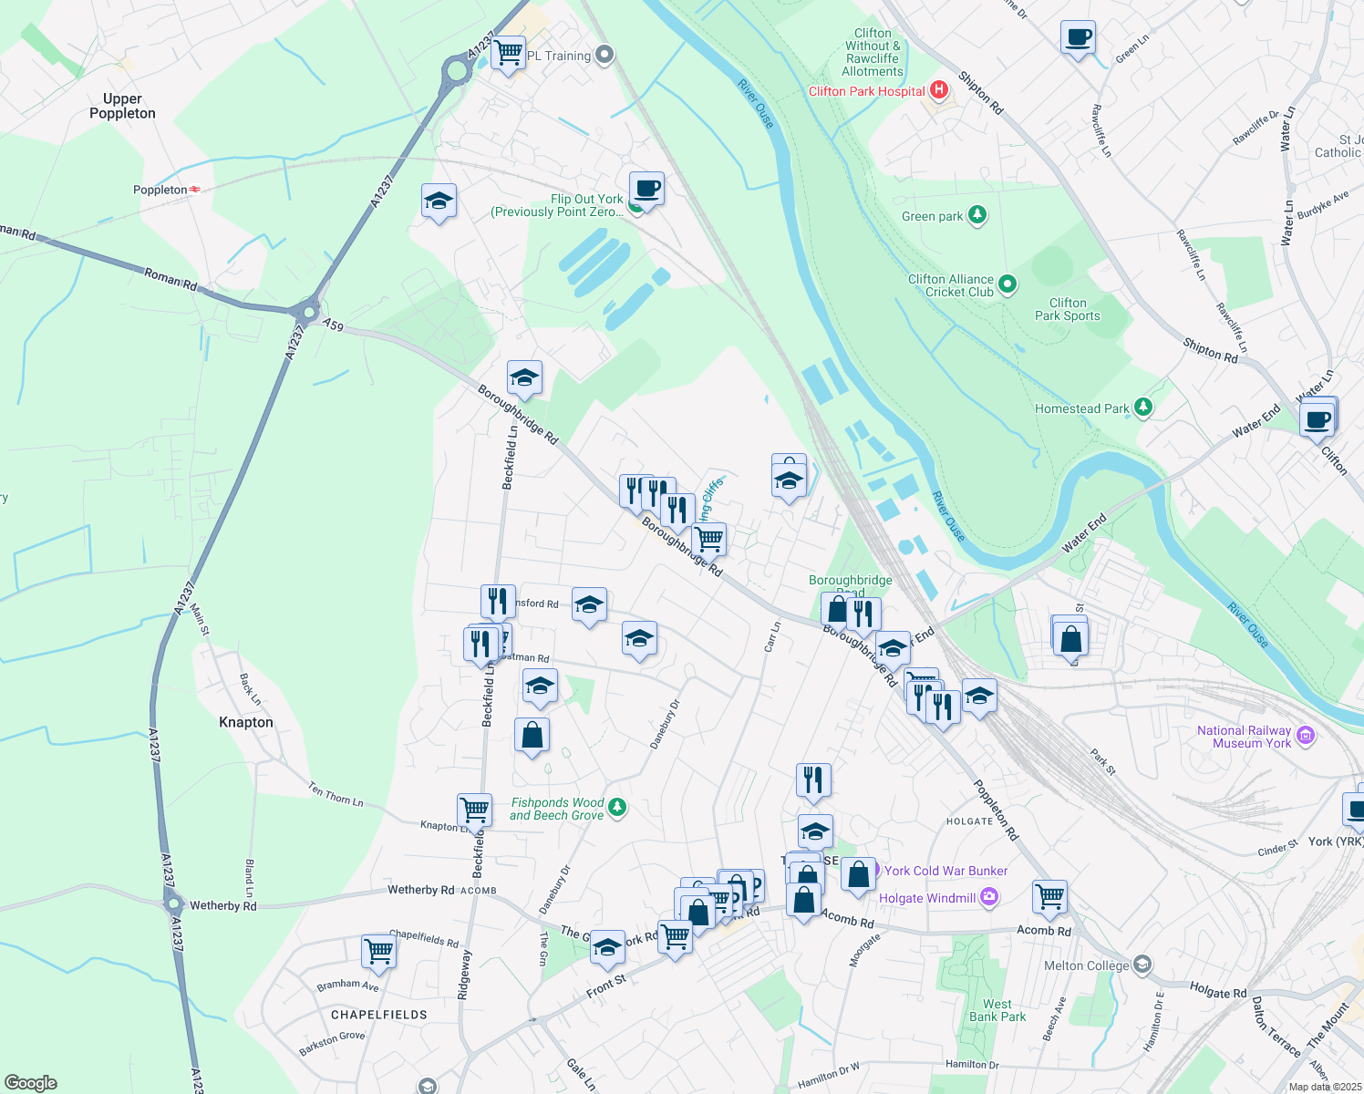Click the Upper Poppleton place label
click(122, 106)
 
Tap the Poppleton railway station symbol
click(195, 190)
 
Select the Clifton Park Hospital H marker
click(939, 90)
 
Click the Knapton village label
click(245, 722)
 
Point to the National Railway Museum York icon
click(1306, 736)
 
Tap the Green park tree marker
click(977, 215)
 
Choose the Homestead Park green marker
click(1143, 408)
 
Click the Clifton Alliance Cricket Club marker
click(1007, 284)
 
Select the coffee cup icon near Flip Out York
click(646, 189)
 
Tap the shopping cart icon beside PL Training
click(508, 51)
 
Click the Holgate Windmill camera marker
click(990, 897)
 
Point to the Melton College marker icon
click(1142, 965)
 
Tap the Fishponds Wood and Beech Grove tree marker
click(617, 807)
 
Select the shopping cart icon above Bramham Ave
click(378, 951)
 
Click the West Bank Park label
click(997, 1010)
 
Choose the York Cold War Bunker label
click(945, 871)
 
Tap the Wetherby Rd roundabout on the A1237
click(173, 904)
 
